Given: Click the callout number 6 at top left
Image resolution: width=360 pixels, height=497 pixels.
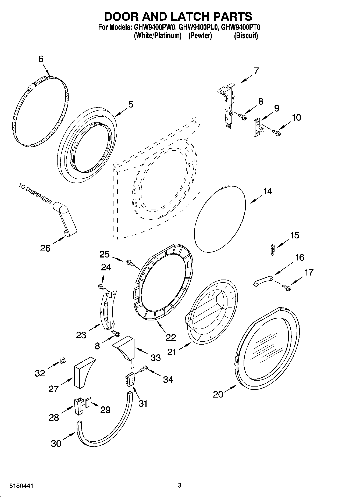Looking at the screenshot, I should (x=41, y=59).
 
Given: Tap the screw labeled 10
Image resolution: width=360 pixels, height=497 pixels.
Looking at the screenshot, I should (x=276, y=132).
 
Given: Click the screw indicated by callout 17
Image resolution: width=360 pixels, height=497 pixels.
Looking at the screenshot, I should (x=287, y=288).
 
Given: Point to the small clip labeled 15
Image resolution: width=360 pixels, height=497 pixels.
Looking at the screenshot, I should (x=273, y=250).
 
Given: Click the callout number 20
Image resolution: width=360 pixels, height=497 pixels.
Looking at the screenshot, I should (x=218, y=395).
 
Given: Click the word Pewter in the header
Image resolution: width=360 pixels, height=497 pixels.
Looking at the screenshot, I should (x=200, y=35).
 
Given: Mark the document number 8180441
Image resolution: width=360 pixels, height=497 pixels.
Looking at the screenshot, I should (x=19, y=486).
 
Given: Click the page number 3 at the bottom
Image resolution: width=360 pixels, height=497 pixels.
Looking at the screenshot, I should (x=180, y=485).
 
